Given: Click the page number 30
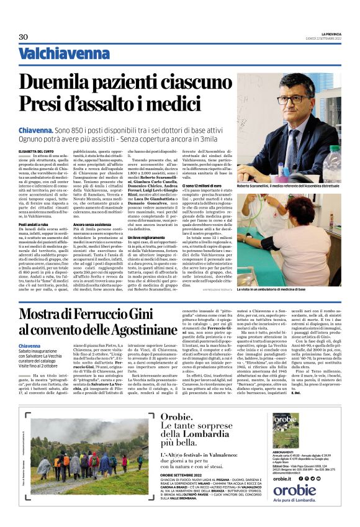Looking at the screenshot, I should point(24,37).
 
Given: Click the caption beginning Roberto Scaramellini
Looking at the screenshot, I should point(289,185).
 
